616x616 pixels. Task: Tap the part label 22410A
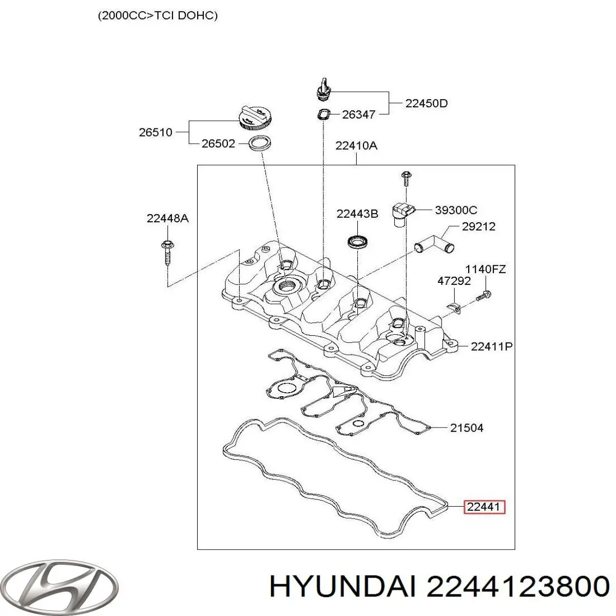point(356,146)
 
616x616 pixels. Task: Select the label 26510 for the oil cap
point(155,132)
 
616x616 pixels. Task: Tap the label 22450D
point(426,103)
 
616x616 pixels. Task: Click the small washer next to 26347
point(323,114)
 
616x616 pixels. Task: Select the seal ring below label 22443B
point(357,240)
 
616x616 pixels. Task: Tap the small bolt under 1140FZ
point(483,296)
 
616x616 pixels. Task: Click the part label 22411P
point(491,346)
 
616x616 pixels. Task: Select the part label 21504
point(466,427)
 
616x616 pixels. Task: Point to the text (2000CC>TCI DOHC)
point(158,16)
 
